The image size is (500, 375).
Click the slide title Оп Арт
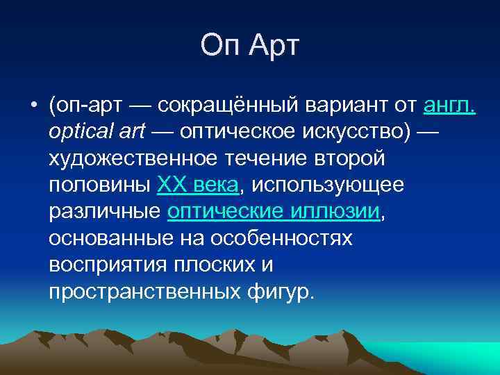click(249, 46)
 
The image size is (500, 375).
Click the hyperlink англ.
click(449, 106)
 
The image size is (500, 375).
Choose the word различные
click(106, 212)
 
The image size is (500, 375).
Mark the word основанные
click(112, 238)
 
